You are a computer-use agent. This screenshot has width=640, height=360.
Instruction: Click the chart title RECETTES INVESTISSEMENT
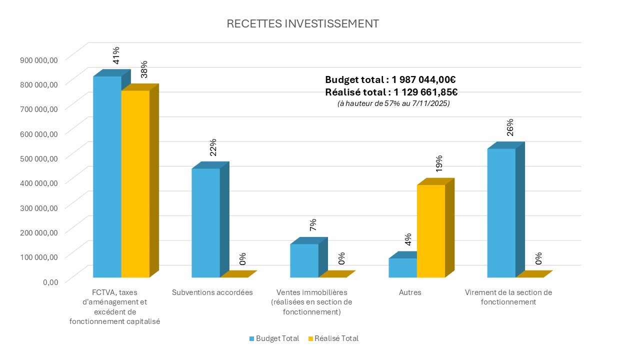[x=302, y=24]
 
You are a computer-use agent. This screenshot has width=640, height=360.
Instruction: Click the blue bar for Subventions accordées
[x=205, y=222]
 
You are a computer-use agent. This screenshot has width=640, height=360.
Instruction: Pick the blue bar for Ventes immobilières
[x=304, y=260]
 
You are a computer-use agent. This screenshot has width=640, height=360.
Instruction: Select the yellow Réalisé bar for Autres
[x=430, y=231]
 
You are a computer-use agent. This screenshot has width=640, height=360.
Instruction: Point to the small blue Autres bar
[x=402, y=267]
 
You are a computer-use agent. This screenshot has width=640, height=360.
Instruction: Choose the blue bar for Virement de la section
[x=501, y=212]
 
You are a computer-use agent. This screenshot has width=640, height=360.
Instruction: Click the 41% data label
[x=116, y=55]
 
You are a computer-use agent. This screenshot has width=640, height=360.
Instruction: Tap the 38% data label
[x=144, y=69]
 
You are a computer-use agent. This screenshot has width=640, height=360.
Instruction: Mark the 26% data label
[x=510, y=127]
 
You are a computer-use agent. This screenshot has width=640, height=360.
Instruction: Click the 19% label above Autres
[x=439, y=163]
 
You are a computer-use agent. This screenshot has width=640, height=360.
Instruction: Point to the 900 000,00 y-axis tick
[x=39, y=59]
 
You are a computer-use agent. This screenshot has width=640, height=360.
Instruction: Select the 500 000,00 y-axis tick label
[x=39, y=158]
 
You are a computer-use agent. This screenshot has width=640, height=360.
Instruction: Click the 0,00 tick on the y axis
[x=50, y=281]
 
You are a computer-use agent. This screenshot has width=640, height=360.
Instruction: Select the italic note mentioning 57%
[x=393, y=103]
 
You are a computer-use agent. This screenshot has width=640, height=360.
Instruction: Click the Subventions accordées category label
[x=212, y=292]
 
